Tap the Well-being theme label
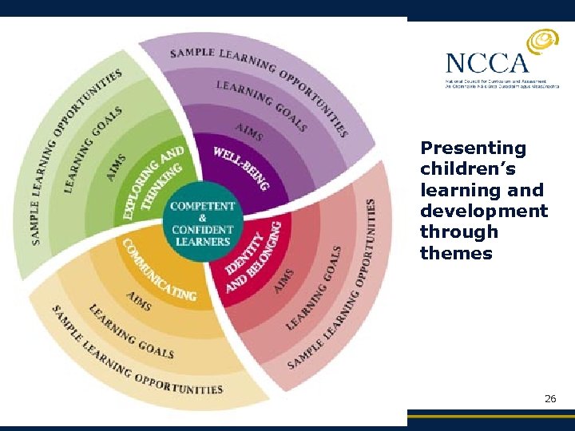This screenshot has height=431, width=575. [x=240, y=168]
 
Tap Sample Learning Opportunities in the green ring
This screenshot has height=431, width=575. [x=72, y=152]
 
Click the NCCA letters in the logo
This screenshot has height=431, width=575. [x=486, y=63]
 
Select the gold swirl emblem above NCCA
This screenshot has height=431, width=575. [x=543, y=41]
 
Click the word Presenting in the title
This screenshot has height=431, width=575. [x=473, y=148]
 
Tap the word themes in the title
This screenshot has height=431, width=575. [x=456, y=253]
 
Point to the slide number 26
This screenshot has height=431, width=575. [x=550, y=397]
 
